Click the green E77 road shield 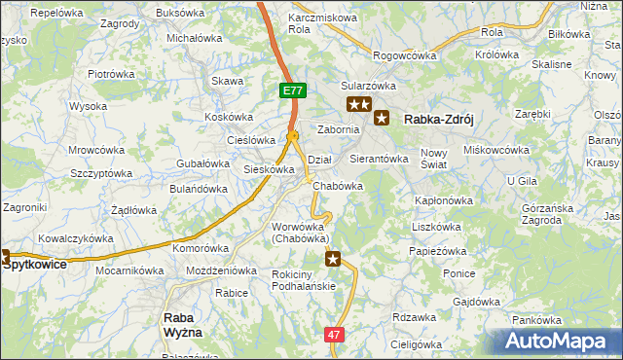pos(294,90)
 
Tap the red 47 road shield pos(335,334)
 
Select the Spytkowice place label pos(41,264)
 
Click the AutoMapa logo pos(562,342)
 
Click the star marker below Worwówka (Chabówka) pos(333,258)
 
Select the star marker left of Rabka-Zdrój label pos(382,119)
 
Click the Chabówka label pos(340,186)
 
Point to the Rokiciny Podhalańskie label pos(304,279)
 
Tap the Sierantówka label pos(377,158)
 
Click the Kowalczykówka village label pos(78,237)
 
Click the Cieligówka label pos(416,343)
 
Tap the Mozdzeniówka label pos(221,270)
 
